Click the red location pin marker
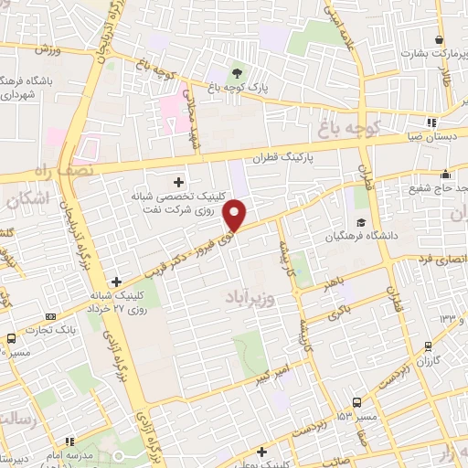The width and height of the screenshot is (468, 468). [236, 216]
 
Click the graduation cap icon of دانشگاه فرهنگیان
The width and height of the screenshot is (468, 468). [361, 222]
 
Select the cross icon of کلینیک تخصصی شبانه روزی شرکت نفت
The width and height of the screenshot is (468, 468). [178, 181]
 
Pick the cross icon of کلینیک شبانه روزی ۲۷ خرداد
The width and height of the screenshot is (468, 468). [115, 282]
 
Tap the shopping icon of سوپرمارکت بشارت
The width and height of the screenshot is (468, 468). [440, 40]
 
